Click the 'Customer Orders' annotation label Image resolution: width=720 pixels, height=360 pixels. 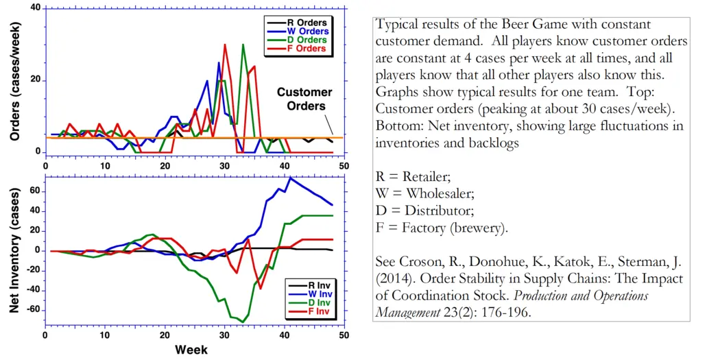304,99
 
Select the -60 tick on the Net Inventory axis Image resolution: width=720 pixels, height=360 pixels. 31,310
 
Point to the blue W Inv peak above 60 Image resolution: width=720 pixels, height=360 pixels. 290,178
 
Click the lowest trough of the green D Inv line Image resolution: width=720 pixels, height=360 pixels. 243,322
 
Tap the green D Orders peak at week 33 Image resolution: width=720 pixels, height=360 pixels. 243,45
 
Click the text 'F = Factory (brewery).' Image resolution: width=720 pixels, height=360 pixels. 442,228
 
